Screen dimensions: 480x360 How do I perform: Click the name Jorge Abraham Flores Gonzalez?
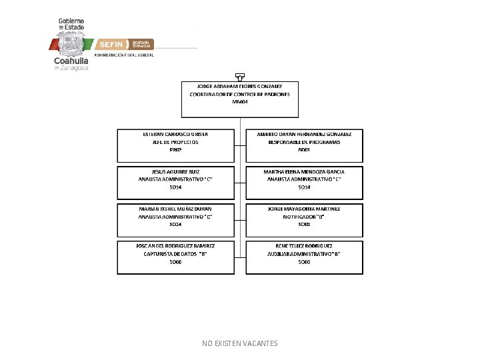pos(239,87)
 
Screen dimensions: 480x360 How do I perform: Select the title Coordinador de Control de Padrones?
pos(239,95)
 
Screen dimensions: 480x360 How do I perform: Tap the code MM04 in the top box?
pos(239,103)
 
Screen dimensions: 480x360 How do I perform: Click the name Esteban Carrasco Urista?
pos(175,134)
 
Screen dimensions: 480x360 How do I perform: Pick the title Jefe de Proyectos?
pos(175,142)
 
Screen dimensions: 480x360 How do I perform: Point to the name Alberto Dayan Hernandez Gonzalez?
pos(304,134)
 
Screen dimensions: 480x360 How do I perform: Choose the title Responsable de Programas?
pos(304,142)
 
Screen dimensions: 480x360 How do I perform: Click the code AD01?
pos(304,150)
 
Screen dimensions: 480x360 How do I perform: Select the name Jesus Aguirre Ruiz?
pos(175,171)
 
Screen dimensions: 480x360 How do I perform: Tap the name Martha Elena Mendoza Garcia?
pos(304,171)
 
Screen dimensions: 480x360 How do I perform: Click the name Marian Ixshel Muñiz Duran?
pos(175,209)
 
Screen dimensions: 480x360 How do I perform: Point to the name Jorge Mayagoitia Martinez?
pos(304,209)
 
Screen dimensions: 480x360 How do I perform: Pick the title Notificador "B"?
pos(304,217)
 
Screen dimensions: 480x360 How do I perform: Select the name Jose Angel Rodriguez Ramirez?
pos(175,246)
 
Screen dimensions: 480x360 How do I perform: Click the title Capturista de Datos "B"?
pos(175,254)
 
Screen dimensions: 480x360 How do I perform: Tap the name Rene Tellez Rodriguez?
pos(304,246)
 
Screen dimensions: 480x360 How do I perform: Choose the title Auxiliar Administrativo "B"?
pos(304,254)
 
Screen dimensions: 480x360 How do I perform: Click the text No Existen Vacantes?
pos(240,343)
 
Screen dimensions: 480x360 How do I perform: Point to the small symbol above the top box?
pos(239,77)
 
